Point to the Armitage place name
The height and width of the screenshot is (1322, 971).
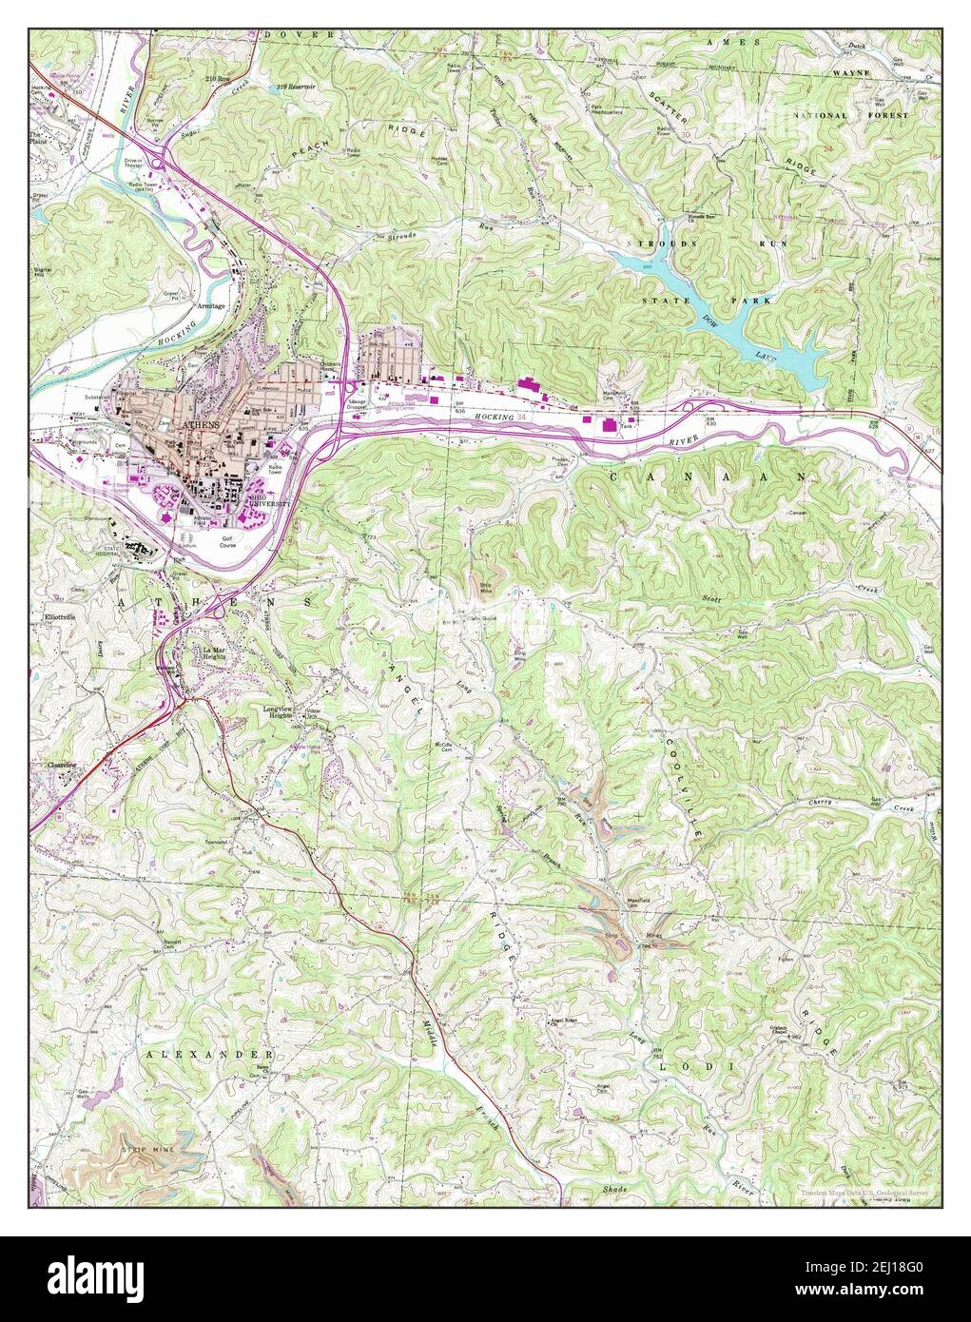(x=210, y=306)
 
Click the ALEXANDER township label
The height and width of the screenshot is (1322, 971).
(x=209, y=1055)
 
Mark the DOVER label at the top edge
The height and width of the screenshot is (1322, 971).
(x=299, y=35)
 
